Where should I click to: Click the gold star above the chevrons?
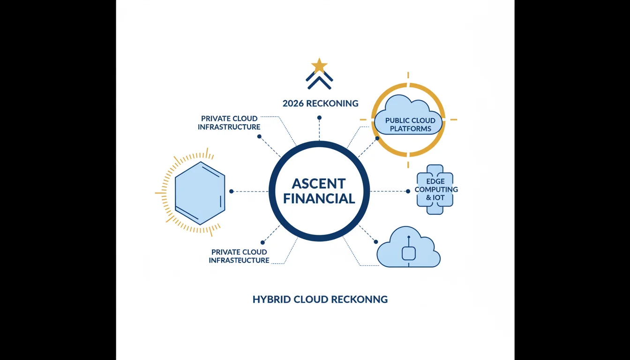[x=319, y=66]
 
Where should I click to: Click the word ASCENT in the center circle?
[x=319, y=184]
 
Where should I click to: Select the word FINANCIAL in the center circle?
[x=319, y=199]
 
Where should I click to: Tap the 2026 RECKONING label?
[x=320, y=104]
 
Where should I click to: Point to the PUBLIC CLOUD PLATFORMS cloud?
[x=408, y=115]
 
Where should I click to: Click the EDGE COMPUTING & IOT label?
[x=436, y=189]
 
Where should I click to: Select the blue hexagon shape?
[x=200, y=193]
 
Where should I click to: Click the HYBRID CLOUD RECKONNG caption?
[x=320, y=299]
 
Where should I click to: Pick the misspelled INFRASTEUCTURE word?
[x=239, y=261]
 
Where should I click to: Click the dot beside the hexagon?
[x=231, y=191]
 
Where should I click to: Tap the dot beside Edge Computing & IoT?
[x=408, y=191]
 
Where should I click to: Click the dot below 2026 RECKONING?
[x=319, y=118]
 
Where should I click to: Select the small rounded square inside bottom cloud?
[x=409, y=254]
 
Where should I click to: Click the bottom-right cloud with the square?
[x=408, y=247]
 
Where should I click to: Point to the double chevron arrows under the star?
[x=319, y=80]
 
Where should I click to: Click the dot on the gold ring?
[x=377, y=138]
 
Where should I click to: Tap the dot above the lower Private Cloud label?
[x=262, y=242]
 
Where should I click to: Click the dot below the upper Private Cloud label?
[x=259, y=136]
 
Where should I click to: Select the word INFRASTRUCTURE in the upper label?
[x=229, y=127]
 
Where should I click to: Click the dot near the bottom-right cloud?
[x=376, y=242]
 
